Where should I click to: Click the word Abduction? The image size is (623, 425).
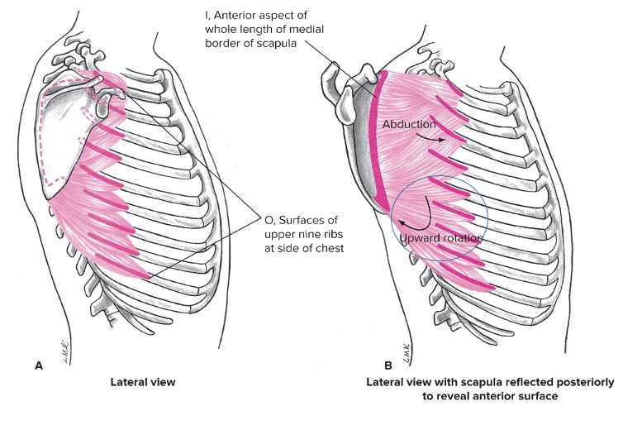[408, 125]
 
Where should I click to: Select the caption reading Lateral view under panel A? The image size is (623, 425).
[145, 383]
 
